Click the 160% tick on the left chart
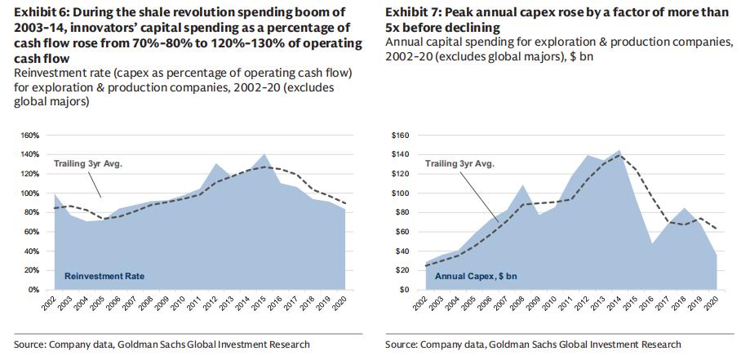[x=29, y=135]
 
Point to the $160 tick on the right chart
[x=400, y=135]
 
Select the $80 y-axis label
[x=402, y=212]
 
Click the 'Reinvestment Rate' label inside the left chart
[x=104, y=276]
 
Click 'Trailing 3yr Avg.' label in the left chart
[x=88, y=164]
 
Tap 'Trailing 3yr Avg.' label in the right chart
[x=459, y=164]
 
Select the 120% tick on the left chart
[x=29, y=174]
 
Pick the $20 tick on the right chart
[x=402, y=270]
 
